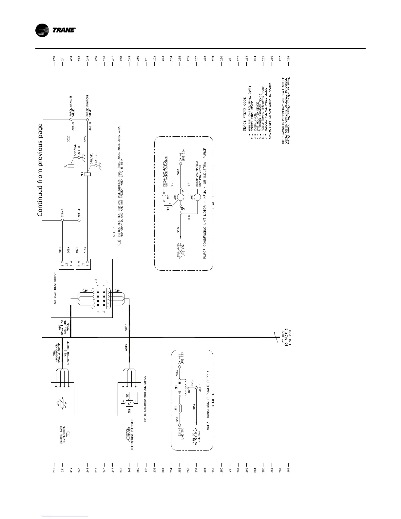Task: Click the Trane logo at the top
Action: (x=56, y=31)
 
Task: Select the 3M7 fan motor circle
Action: (x=198, y=198)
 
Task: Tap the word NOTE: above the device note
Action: (x=114, y=232)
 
